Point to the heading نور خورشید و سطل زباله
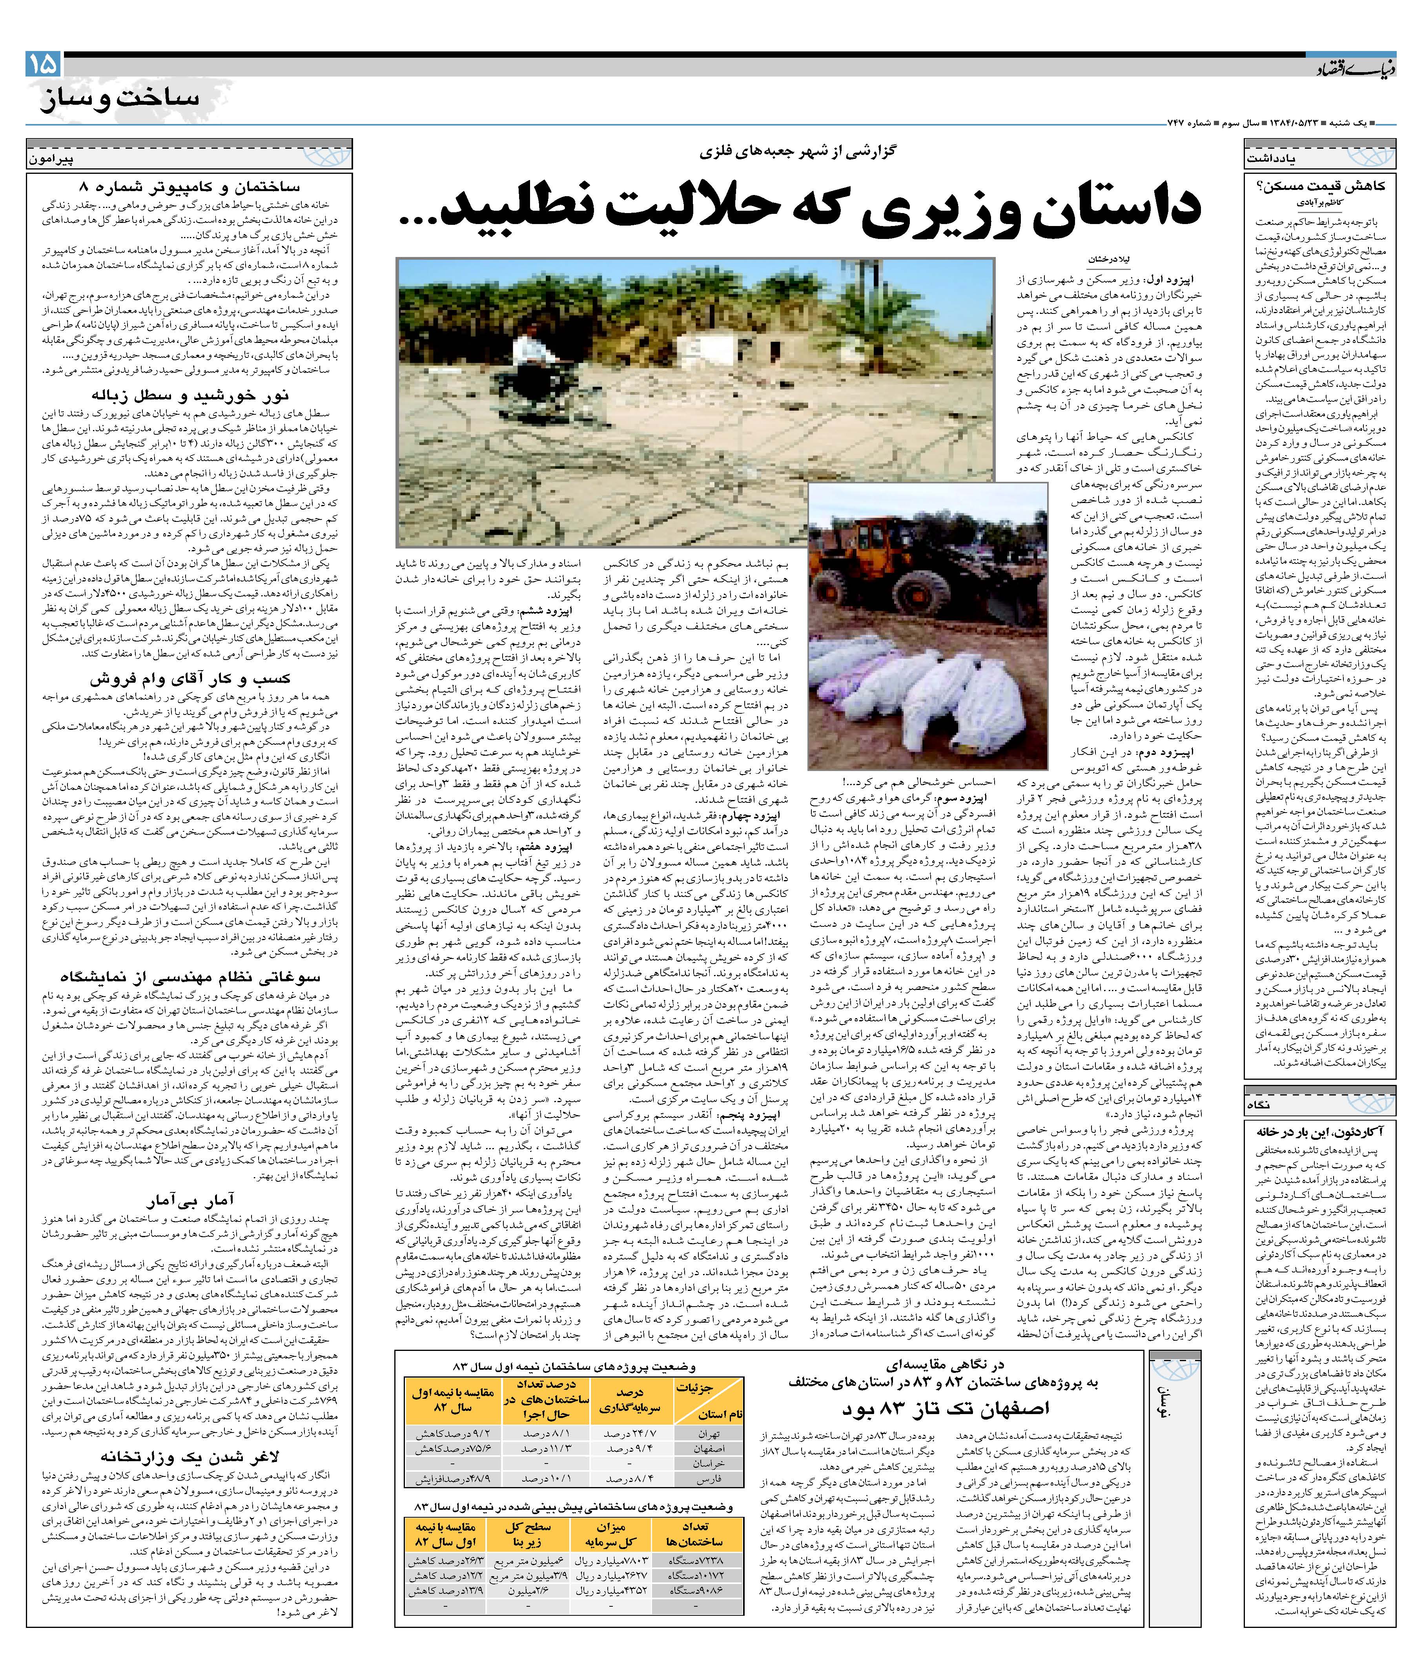point(189,395)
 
